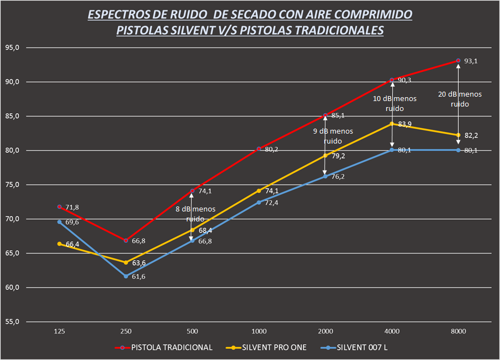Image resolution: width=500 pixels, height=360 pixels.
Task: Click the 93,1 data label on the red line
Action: (x=471, y=61)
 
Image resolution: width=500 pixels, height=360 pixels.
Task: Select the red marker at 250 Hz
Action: (x=126, y=241)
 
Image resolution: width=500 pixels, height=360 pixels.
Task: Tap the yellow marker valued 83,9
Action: (x=392, y=124)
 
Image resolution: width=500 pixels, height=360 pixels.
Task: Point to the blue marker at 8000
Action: (x=458, y=150)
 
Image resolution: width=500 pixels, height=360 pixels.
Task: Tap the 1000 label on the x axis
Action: (x=259, y=332)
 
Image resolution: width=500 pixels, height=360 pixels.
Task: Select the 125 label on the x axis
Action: (x=60, y=332)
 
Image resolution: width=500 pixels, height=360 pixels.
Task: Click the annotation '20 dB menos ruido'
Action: (x=459, y=99)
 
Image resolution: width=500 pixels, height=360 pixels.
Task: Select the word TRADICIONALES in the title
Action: (x=338, y=31)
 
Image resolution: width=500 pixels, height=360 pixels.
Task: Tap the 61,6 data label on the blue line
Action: (x=139, y=277)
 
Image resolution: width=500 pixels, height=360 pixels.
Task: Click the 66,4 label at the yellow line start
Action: (x=72, y=244)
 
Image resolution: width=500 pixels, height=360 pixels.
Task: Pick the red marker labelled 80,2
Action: (x=259, y=149)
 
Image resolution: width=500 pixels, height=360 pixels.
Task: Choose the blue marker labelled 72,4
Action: (x=259, y=202)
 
